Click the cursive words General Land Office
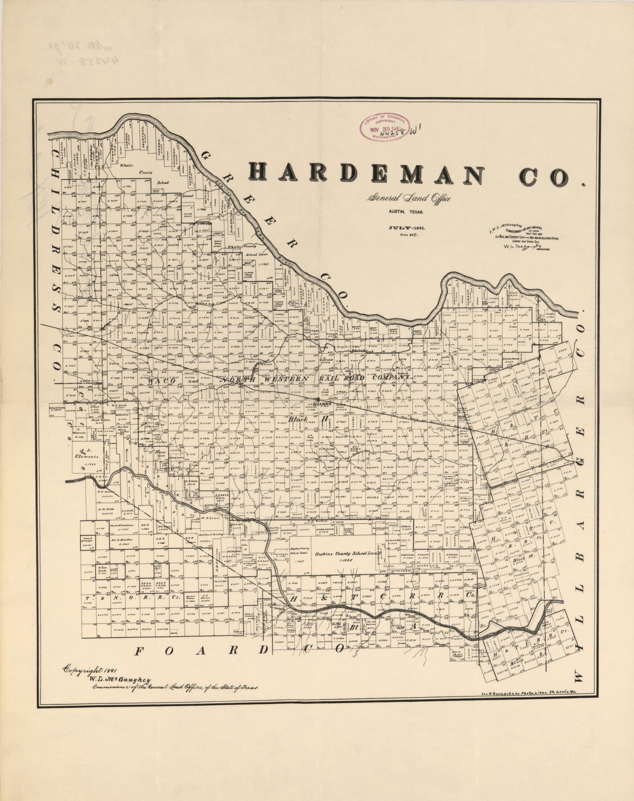(409, 199)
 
